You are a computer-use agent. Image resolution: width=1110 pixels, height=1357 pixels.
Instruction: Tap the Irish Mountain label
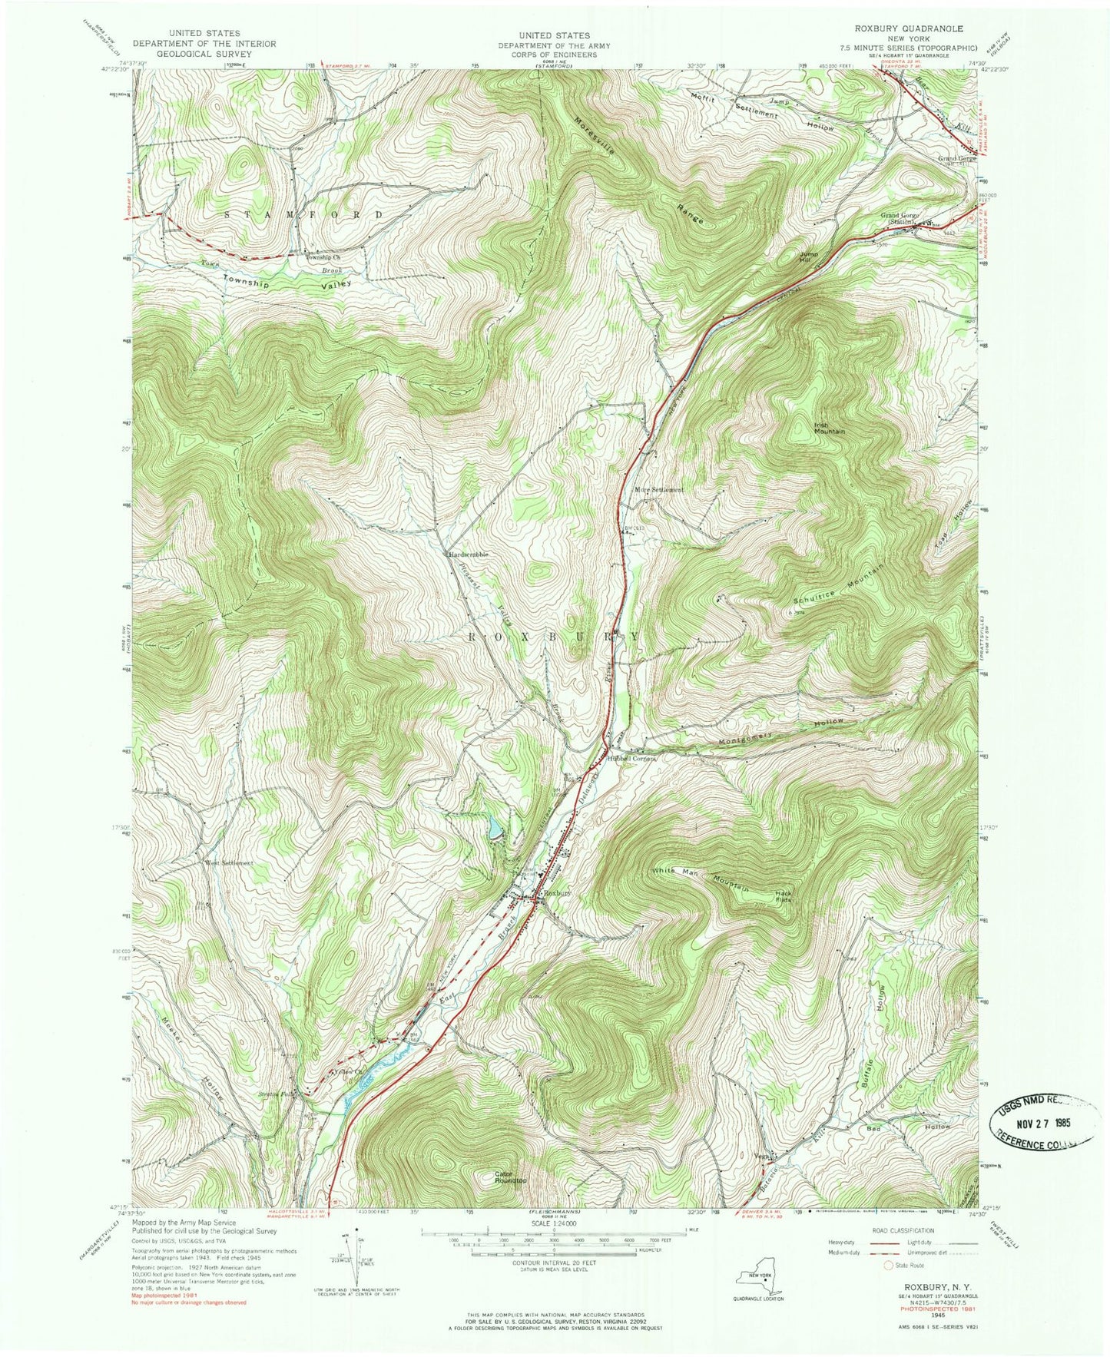(829, 427)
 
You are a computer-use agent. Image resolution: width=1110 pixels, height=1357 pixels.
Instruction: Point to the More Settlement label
(658, 489)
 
